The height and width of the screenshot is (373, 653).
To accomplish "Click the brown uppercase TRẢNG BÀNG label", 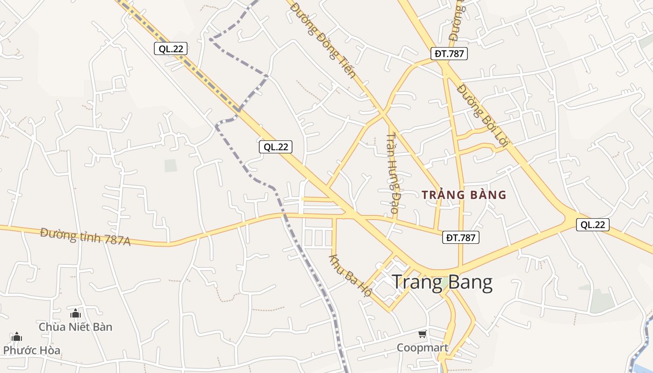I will point(464,195).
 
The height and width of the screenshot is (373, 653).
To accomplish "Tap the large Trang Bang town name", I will point(442,283).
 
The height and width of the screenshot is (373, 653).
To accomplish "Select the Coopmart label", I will point(422,348).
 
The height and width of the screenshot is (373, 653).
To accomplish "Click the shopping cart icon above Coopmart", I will point(422,334).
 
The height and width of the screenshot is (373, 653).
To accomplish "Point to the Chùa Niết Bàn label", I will point(76,327).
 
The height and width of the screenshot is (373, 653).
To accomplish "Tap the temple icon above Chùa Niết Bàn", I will point(76,313).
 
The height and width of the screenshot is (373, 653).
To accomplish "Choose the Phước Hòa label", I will point(32,350).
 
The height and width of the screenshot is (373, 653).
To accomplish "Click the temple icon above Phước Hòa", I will point(17,337).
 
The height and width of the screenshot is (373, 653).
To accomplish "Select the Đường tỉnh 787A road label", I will point(85,236).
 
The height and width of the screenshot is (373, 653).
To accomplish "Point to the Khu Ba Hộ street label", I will point(351,275).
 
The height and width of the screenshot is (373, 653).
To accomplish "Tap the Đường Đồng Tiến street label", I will point(323,40).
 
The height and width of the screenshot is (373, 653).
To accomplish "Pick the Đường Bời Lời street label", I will point(482,115).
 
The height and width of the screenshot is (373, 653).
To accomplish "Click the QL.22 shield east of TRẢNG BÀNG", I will point(592,225).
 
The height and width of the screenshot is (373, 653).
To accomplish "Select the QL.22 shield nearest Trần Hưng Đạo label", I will point(276,147).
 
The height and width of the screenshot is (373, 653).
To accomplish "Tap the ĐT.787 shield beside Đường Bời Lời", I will point(449,54).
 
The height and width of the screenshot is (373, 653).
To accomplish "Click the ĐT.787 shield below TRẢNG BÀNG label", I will point(460,238).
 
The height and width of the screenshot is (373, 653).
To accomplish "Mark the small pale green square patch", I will point(171,166).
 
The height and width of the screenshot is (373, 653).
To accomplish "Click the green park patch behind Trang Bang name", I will point(443,282).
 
